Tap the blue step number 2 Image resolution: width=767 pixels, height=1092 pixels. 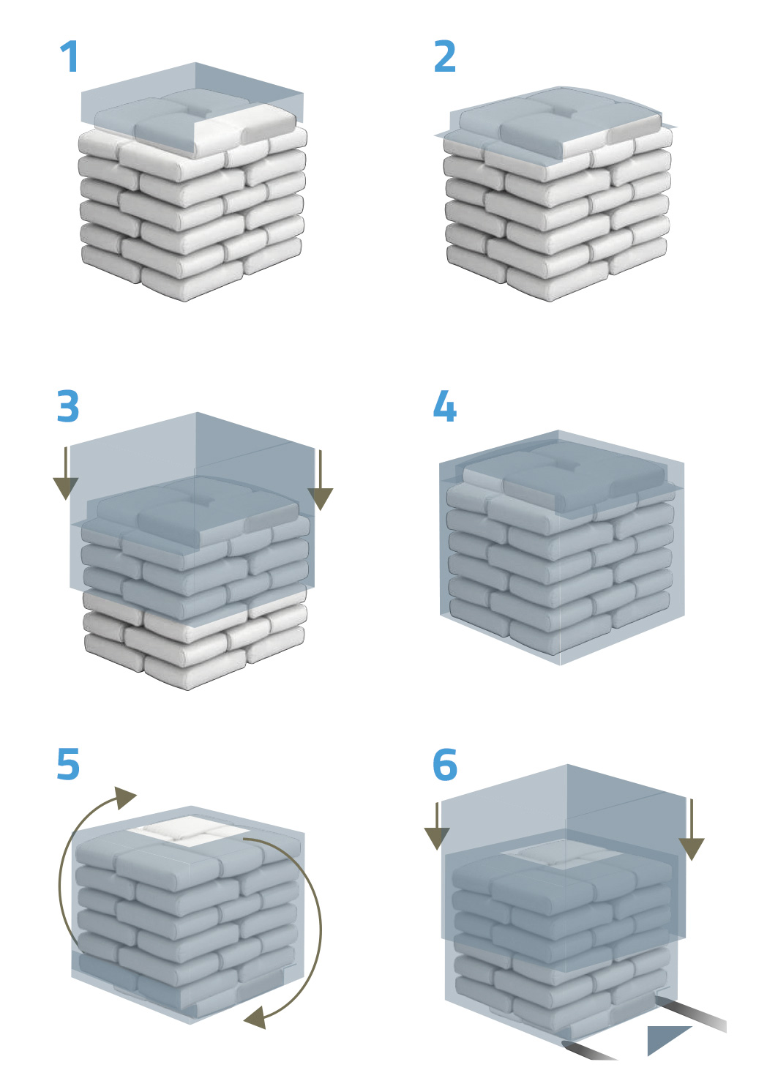[x=445, y=56]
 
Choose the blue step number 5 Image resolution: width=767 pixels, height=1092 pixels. [x=68, y=764]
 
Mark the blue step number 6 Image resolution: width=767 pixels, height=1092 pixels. [x=445, y=764]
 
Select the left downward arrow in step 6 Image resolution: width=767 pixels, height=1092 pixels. [x=437, y=826]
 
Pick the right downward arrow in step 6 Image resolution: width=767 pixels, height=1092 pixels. [x=692, y=829]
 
